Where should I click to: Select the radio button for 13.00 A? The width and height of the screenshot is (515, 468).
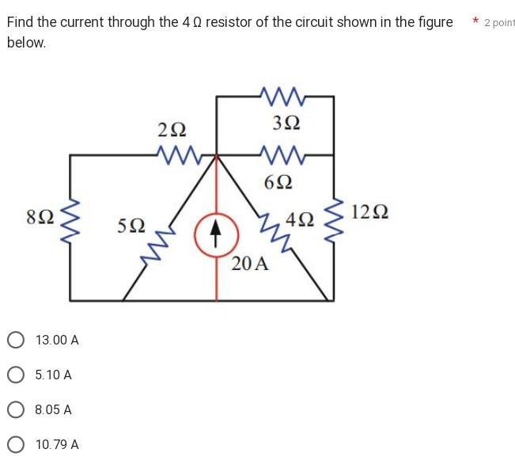15,341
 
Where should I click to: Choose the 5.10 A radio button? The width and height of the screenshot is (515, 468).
15,375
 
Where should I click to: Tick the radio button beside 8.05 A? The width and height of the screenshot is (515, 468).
15,410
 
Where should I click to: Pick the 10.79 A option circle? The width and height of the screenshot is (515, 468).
15,445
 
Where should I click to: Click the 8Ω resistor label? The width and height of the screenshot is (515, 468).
40,215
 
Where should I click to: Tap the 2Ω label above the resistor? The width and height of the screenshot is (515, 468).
172,129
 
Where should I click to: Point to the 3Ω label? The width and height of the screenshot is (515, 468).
286,123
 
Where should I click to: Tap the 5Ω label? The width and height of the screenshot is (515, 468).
131,226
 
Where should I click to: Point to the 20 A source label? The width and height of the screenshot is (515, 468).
250,264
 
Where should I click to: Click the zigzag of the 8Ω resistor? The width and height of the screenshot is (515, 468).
70,219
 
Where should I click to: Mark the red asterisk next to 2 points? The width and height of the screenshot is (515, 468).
475,21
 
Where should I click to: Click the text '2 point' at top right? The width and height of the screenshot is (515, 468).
498,22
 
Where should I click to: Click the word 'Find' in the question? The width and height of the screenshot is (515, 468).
21,22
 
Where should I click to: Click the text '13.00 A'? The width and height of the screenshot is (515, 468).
57,341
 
